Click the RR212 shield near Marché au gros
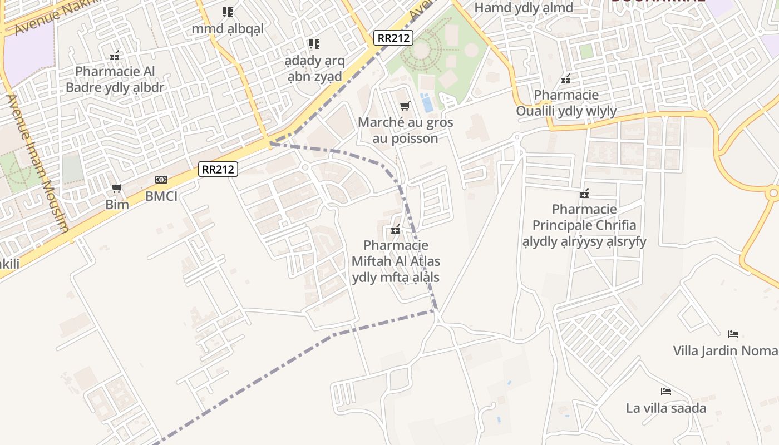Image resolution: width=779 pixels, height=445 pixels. [393, 38]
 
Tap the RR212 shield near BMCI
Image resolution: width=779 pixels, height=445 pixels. [218, 169]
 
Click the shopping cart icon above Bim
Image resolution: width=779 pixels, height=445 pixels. [117, 189]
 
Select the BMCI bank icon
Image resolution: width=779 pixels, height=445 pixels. [161, 180]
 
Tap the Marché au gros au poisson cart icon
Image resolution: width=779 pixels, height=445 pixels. [405, 106]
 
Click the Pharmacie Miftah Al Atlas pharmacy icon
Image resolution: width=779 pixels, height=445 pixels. [396, 229]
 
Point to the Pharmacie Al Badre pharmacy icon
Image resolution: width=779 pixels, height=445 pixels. [115, 55]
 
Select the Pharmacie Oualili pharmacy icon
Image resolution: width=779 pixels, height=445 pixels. [566, 79]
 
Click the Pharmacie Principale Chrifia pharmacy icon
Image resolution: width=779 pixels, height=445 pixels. [584, 194]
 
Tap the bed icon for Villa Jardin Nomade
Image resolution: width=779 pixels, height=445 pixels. [733, 334]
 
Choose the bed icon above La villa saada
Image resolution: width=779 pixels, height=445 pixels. [665, 392]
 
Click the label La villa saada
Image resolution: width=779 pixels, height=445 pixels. [666, 408]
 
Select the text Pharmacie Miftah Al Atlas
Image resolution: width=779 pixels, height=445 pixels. [396, 253]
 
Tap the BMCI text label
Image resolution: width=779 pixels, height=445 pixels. [161, 196]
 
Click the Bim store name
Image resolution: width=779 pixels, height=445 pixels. [117, 205]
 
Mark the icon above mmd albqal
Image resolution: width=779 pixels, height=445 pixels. [227, 12]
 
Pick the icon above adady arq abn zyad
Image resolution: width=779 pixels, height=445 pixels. [314, 43]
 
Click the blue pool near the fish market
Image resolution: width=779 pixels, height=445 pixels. [427, 103]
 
